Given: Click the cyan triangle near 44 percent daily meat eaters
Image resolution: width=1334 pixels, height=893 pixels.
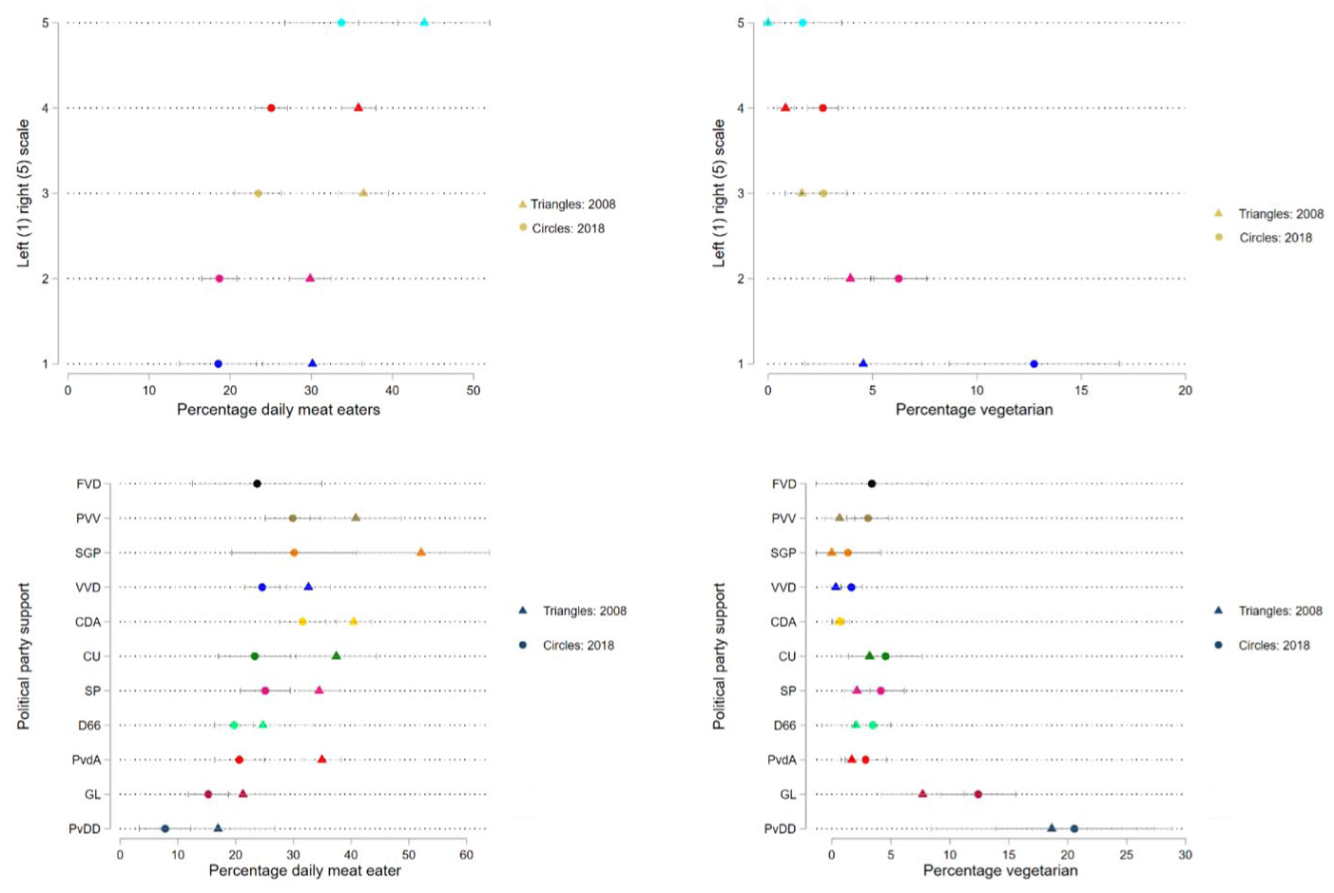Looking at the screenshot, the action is point(424,23).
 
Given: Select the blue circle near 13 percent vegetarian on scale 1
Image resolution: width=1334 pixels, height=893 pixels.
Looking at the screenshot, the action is point(1034,364).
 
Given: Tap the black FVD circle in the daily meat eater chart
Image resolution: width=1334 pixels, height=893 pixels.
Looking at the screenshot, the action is point(258,484).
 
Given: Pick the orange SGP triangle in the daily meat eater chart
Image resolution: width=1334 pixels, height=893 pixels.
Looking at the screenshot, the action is point(421,553).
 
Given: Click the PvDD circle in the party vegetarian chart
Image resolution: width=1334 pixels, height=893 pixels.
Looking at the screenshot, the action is point(1074,828).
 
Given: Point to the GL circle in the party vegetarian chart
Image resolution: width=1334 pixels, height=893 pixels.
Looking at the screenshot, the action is point(977,794).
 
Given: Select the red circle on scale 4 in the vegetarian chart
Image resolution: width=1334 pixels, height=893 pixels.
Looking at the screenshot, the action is point(823,108).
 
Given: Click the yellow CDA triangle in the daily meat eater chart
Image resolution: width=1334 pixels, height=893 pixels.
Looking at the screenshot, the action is point(354,621).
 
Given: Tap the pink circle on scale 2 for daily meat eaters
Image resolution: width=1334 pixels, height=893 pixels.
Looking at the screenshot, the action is point(219,279).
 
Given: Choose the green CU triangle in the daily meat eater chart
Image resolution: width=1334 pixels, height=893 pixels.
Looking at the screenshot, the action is point(337,656).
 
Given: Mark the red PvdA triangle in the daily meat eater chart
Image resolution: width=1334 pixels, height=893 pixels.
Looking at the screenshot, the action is point(322,760).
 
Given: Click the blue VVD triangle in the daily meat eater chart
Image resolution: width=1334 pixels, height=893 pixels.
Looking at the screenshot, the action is point(308,587).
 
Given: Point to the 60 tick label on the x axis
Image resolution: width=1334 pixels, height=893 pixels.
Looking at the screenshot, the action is point(466,856).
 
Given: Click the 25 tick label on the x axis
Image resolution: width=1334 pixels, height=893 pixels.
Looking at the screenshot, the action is point(1127,856).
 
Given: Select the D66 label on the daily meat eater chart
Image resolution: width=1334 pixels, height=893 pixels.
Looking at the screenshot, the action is point(90,726).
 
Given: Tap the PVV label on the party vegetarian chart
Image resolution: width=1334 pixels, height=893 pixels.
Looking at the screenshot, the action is point(783,518).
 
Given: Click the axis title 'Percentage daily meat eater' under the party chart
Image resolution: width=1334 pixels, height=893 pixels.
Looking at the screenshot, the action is point(305,871).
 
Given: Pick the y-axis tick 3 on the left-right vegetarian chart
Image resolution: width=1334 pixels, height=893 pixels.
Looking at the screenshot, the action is point(741,194).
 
